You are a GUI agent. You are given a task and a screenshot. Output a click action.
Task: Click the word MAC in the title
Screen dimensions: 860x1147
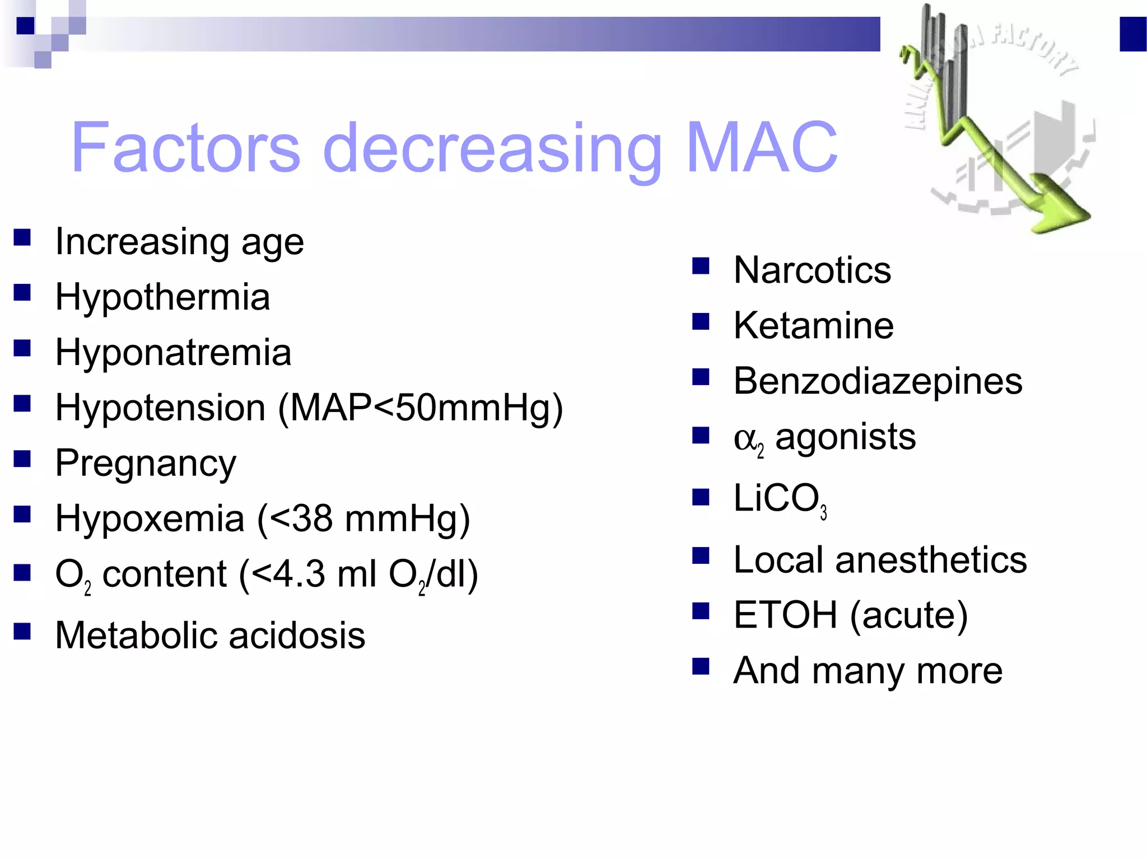point(761,147)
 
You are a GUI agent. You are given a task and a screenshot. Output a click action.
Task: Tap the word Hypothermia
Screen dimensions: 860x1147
point(162,297)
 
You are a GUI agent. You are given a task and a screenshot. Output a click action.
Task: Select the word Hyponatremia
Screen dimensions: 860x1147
point(173,352)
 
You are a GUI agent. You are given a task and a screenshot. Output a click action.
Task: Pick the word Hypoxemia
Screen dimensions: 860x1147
point(150,518)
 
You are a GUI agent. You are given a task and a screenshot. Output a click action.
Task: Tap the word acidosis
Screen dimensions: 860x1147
point(297,635)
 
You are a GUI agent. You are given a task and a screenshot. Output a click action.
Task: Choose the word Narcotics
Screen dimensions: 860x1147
point(812,270)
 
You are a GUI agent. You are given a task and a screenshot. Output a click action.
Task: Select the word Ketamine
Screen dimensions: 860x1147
point(813,325)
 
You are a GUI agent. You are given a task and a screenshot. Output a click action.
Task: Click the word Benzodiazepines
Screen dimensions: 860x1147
point(878,381)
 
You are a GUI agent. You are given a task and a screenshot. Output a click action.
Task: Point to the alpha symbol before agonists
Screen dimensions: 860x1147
point(745,438)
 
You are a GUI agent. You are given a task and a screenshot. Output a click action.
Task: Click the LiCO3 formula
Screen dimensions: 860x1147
point(780,499)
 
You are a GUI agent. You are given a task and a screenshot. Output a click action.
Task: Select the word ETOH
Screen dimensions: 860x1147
point(785,615)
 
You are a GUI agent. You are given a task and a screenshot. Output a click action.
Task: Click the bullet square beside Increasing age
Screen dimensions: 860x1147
point(22,237)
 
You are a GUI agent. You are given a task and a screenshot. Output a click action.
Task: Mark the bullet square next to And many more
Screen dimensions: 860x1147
point(701,666)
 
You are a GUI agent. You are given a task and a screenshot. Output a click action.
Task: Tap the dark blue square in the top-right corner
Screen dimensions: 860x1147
point(1133,34)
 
